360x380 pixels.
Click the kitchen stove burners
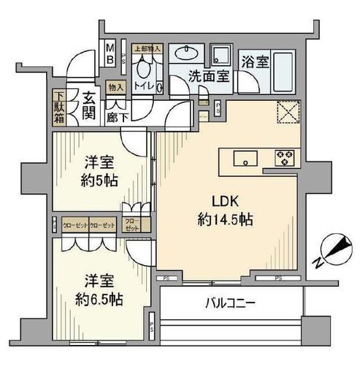pyautogui.click(x=283, y=157)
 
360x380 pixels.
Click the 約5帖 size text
pyautogui.click(x=96, y=180)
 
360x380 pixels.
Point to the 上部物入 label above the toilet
pyautogui.click(x=147, y=49)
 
